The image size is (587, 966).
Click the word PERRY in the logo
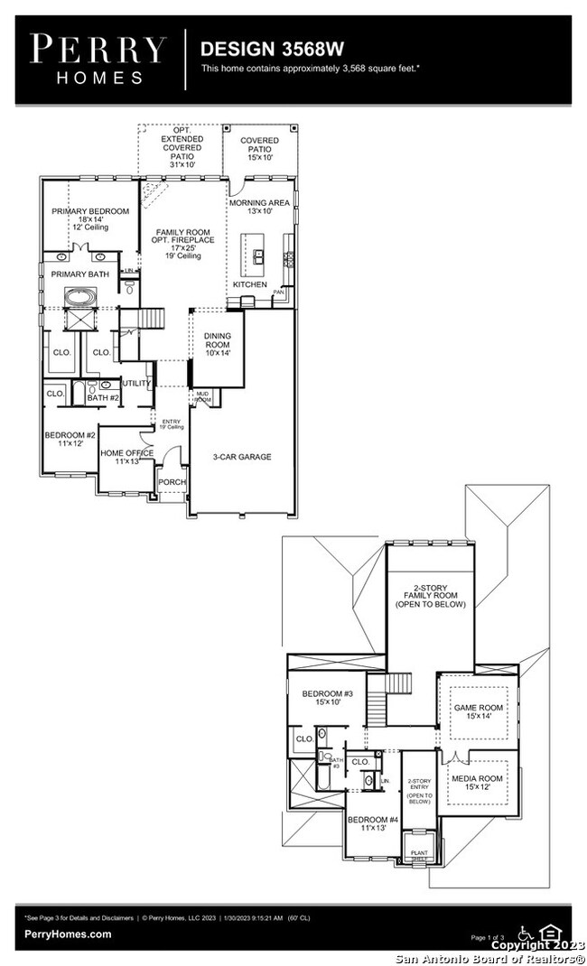pyautogui.click(x=98, y=49)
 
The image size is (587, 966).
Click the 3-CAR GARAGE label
pyautogui.click(x=242, y=457)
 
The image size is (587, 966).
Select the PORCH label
pyautogui.click(x=172, y=482)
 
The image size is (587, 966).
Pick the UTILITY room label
pyautogui.click(x=136, y=384)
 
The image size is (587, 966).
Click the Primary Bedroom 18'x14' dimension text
pyautogui.click(x=90, y=219)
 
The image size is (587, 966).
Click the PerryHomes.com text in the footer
pyautogui.click(x=69, y=934)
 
